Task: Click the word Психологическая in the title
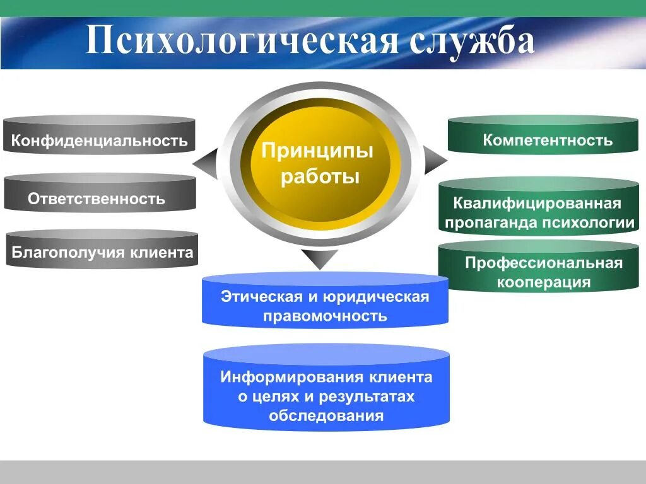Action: click(x=242, y=41)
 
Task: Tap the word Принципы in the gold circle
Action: click(x=317, y=151)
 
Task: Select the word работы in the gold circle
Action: click(x=320, y=176)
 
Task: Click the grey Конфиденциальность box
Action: click(x=100, y=140)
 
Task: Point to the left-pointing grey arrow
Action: click(x=206, y=163)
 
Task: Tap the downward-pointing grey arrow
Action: click(x=320, y=258)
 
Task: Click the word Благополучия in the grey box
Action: click(x=69, y=253)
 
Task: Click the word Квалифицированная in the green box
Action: click(x=537, y=204)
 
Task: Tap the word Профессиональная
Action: click(x=544, y=263)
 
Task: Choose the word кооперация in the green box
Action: click(x=544, y=282)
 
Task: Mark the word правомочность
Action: click(x=325, y=316)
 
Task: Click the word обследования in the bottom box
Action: click(x=326, y=416)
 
